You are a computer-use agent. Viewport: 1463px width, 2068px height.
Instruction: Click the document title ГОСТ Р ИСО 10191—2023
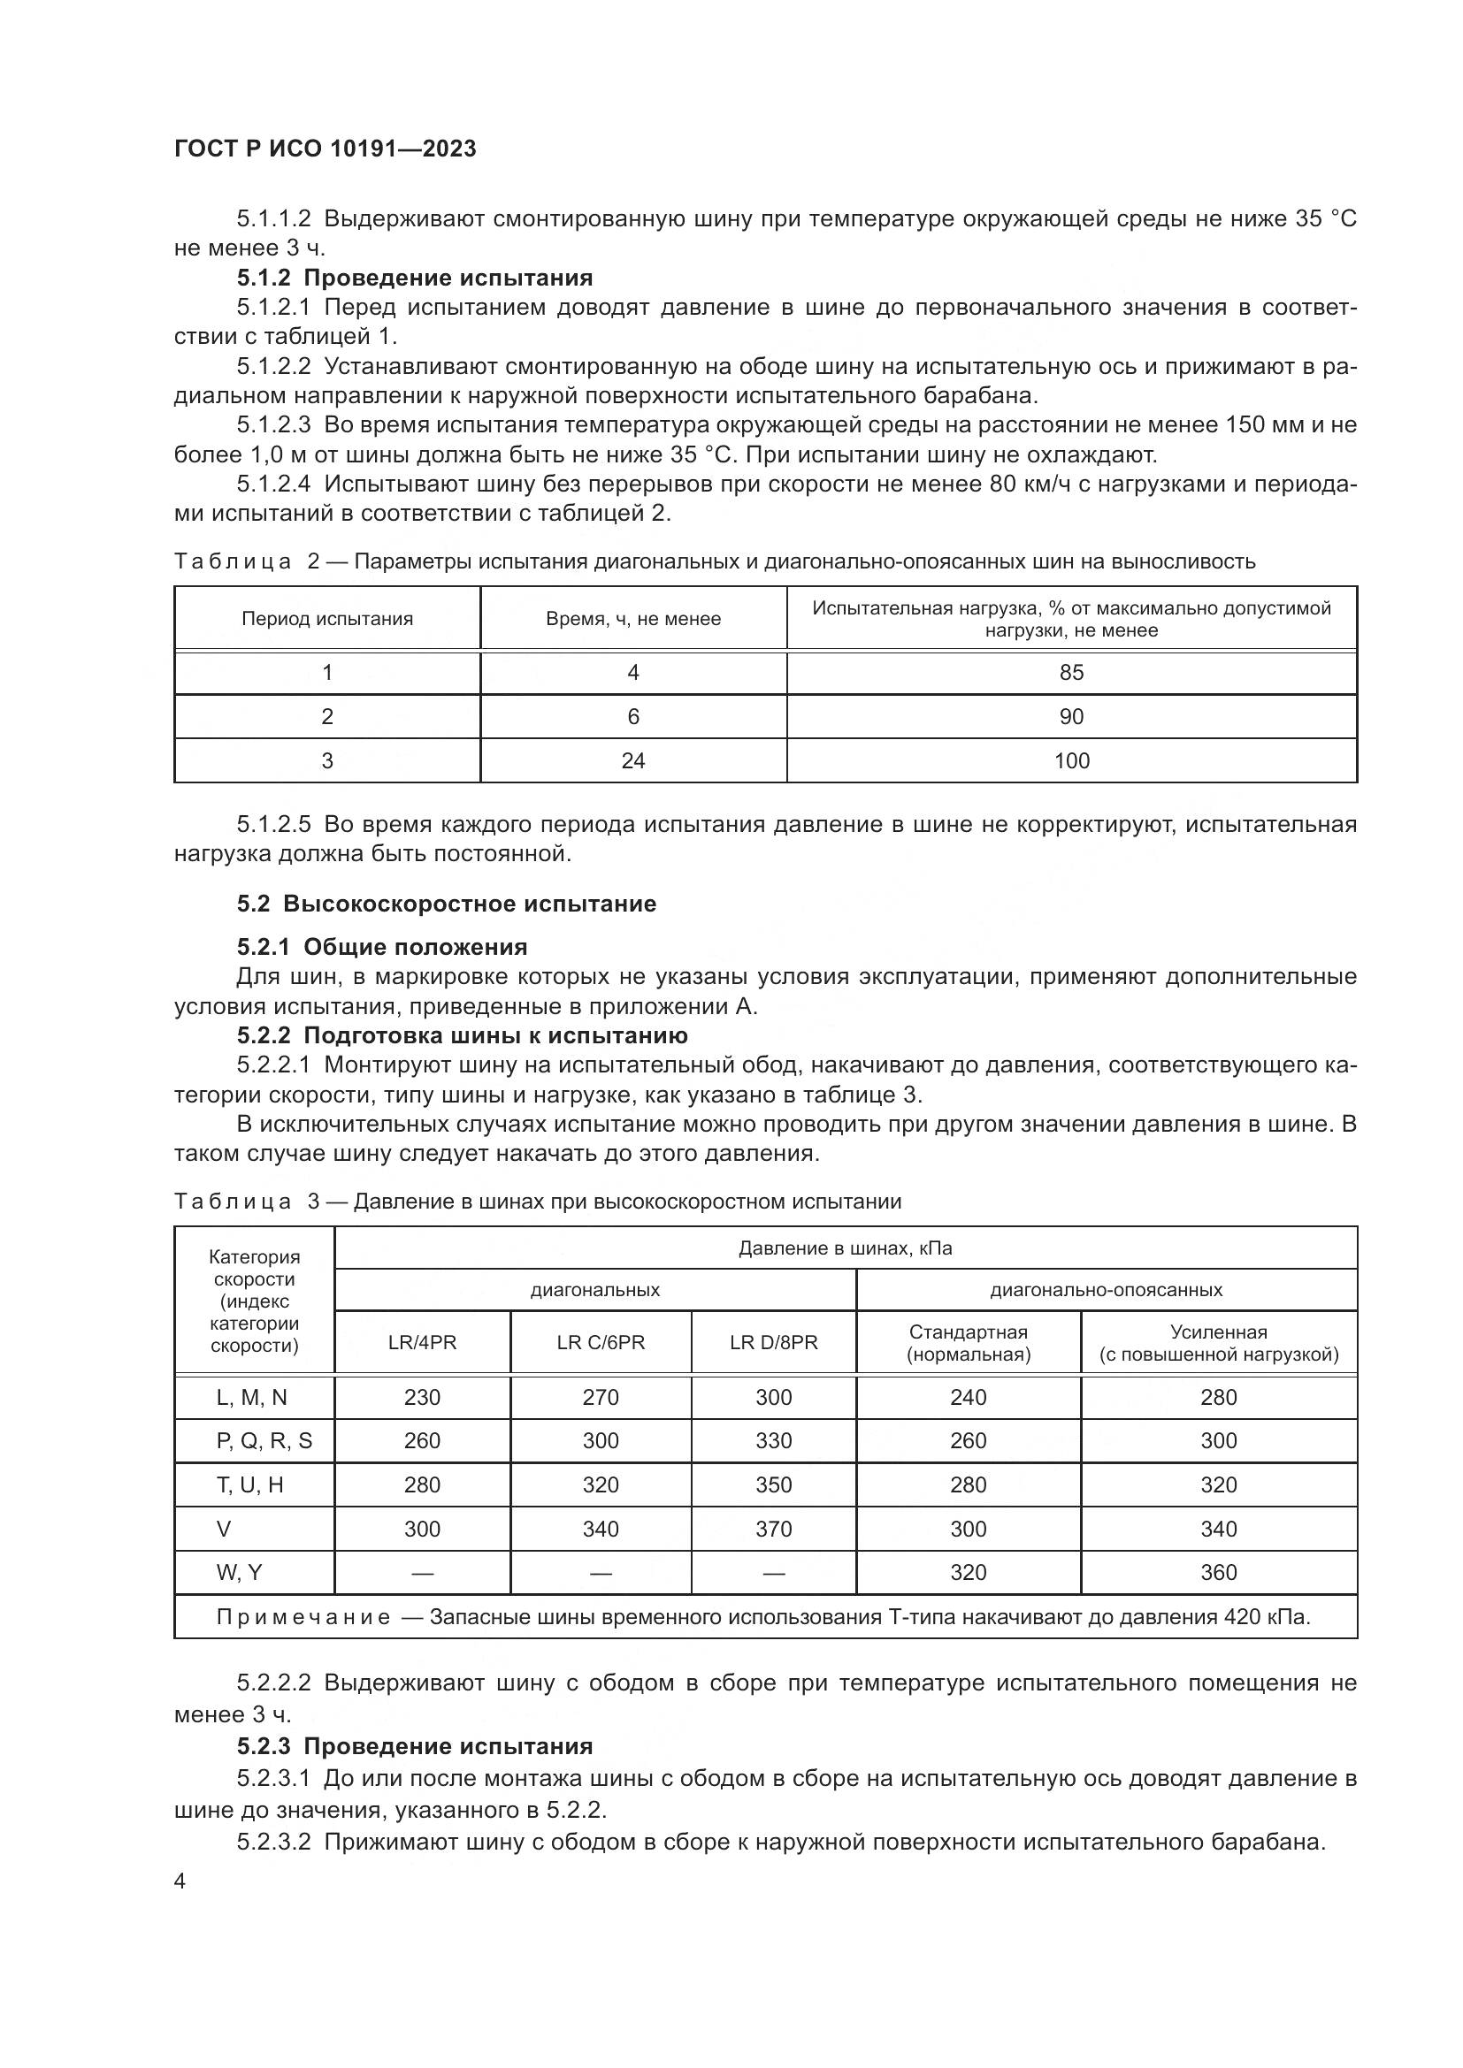326,149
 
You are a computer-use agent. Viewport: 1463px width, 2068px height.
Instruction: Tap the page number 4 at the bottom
180,1881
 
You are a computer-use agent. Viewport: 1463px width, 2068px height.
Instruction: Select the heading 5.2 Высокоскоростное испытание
447,904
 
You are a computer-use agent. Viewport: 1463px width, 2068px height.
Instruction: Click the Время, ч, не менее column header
633,619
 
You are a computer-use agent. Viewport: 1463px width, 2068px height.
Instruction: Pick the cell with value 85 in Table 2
1071,673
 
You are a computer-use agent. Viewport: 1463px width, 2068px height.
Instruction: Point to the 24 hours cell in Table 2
633,761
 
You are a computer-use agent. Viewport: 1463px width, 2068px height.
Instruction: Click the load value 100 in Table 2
1071,761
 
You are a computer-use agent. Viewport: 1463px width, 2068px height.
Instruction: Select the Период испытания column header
327,619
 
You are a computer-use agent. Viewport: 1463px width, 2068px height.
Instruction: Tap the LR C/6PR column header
601,1342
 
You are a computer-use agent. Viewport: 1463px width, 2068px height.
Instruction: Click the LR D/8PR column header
774,1342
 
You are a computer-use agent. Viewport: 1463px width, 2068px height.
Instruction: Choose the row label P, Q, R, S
264,1441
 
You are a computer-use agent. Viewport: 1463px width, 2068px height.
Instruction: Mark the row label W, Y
239,1573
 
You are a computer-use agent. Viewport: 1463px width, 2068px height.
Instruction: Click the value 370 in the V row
774,1529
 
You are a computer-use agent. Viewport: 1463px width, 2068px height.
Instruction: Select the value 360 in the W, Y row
1218,1573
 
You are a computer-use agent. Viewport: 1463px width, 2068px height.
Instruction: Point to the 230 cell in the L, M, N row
422,1397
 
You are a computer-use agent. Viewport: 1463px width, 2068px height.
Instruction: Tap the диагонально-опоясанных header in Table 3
1107,1290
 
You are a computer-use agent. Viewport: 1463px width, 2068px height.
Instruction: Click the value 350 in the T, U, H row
774,1484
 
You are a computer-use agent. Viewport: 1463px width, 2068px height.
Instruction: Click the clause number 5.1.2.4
274,485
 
